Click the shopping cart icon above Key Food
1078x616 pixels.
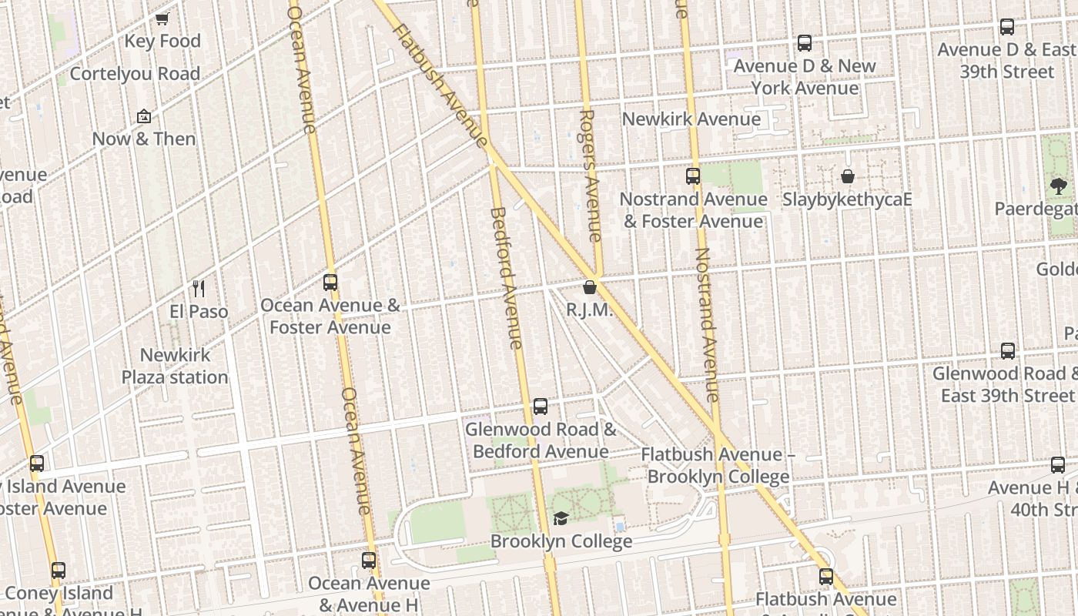162,18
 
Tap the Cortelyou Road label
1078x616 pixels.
135,74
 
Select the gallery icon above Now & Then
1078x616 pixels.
143,116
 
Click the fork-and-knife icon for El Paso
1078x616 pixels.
199,289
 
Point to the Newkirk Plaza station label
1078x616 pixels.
175,367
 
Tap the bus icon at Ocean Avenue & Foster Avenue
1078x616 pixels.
330,283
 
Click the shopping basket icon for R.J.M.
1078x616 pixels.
590,288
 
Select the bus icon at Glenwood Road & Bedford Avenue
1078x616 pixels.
541,407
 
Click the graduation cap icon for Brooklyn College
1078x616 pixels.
561,519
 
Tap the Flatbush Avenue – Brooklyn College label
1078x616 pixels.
718,466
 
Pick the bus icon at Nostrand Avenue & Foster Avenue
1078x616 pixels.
693,176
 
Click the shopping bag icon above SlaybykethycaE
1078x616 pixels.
847,176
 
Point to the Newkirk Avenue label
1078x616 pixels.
691,119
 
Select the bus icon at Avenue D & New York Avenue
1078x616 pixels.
805,43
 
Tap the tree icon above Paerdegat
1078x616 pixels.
1058,186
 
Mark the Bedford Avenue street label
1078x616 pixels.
507,277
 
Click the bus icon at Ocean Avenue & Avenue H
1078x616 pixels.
369,561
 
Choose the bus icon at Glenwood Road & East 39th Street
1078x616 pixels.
1007,351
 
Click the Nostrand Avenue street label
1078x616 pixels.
706,323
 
